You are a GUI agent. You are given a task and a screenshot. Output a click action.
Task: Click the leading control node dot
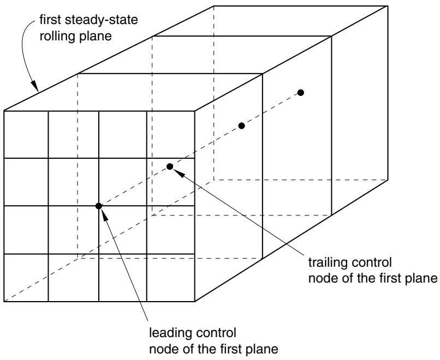click(98, 206)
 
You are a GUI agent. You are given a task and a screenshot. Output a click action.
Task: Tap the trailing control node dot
click(169, 166)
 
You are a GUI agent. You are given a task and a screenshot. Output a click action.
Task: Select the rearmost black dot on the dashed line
click(301, 93)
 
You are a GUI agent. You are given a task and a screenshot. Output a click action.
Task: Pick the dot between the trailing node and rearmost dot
click(242, 125)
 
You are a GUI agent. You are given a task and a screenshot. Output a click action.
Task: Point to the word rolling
click(55, 37)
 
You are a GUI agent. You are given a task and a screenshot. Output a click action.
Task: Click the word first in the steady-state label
click(51, 20)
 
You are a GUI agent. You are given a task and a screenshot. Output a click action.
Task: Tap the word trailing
click(328, 262)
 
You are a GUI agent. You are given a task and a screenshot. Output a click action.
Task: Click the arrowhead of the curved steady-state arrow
click(35, 86)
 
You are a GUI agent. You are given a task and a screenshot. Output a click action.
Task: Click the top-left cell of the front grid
click(26, 135)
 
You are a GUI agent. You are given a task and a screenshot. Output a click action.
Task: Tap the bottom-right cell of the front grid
click(171, 278)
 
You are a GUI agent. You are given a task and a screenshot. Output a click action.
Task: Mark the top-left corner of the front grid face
click(4, 111)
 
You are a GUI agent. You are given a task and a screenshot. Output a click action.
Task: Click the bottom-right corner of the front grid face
click(195, 302)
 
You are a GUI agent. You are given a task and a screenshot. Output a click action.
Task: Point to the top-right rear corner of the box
click(388, 6)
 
